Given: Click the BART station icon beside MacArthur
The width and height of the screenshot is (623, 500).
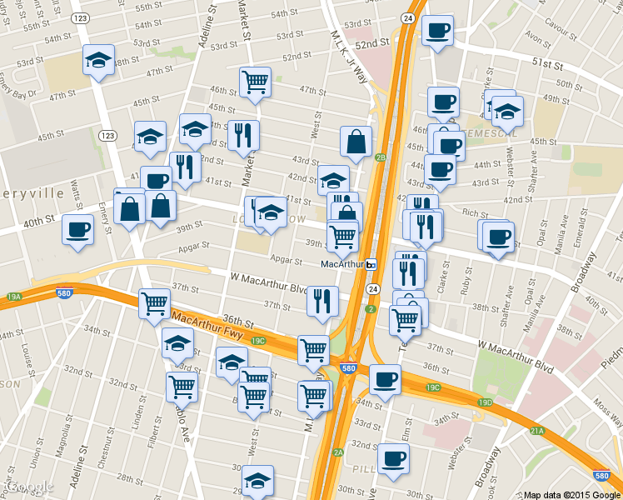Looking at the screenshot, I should [371, 264].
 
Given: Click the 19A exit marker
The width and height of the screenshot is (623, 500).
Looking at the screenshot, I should [14, 297].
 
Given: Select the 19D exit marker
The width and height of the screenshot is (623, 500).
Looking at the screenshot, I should [486, 403].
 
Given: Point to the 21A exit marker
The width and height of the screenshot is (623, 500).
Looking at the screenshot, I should [537, 430].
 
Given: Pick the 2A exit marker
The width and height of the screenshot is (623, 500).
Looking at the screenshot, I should [338, 452].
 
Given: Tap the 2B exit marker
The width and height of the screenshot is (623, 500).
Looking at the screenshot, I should [381, 157].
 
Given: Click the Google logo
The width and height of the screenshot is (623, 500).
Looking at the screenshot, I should [28, 487].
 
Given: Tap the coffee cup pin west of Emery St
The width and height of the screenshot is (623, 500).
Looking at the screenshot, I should [77, 229].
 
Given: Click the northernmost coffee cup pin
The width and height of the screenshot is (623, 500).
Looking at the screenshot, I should [437, 31].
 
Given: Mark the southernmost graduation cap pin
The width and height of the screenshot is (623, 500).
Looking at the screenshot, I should [257, 480].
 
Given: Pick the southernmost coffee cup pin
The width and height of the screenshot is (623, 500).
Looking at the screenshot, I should [393, 457].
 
